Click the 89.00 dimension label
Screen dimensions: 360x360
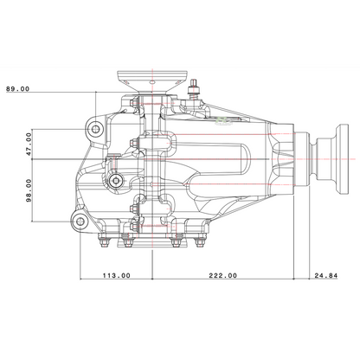click(18, 89)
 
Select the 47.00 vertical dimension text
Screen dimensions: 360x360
click(29, 144)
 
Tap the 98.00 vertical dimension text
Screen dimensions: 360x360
click(29, 190)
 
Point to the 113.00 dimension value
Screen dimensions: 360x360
click(117, 275)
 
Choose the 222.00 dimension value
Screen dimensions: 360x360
click(223, 275)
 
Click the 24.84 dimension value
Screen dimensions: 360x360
click(326, 275)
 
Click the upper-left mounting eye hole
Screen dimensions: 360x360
click(95, 129)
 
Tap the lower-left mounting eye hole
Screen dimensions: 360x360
click(80, 222)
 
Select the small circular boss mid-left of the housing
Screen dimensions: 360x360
click(116, 181)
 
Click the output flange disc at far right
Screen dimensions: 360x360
click(343, 159)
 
